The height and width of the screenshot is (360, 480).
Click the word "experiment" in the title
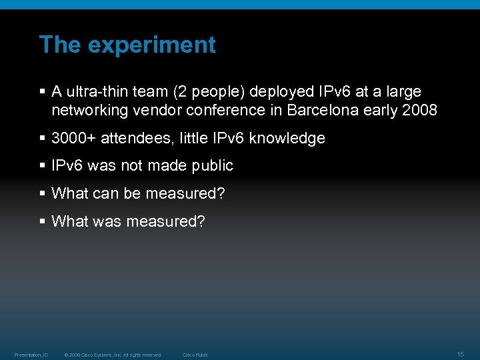(152, 45)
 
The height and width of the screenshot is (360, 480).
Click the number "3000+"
(73, 138)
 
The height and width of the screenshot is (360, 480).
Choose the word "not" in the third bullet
(132, 165)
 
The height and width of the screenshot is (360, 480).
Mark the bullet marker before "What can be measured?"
(43, 193)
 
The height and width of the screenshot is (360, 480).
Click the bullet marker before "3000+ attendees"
(43, 138)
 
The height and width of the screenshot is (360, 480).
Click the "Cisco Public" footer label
(195, 355)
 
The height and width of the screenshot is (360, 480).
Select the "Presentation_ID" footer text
(31, 355)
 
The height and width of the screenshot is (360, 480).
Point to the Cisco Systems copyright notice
(113, 355)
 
